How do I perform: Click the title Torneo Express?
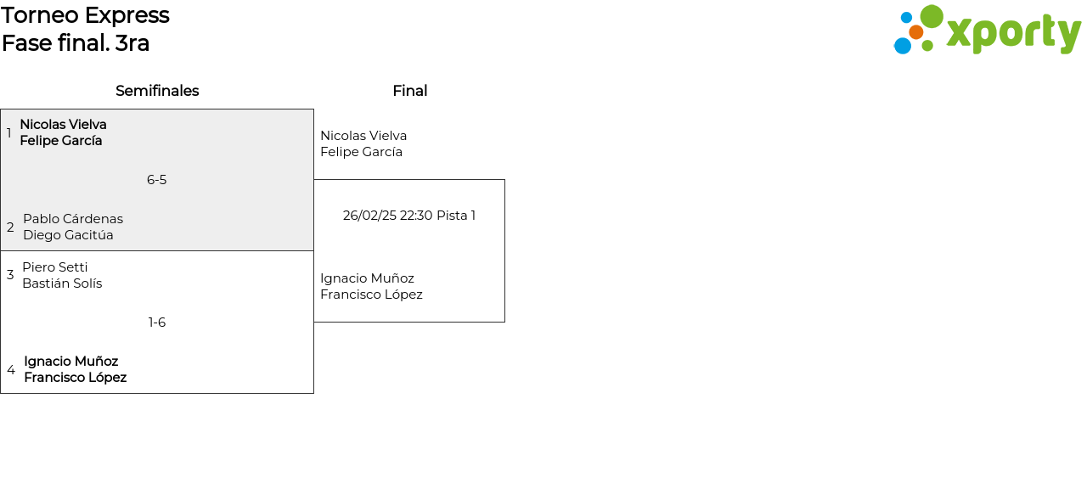pos(85,15)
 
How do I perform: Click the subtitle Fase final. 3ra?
pos(76,43)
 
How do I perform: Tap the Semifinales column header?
pos(157,91)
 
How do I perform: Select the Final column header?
pos(409,91)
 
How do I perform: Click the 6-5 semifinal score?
pos(156,180)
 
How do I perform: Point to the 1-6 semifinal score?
pos(157,323)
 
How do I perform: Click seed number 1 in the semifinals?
pos(8,133)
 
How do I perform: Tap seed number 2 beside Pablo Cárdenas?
pos(10,227)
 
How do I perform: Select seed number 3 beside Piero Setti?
pos(10,275)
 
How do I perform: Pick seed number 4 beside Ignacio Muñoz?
pos(11,370)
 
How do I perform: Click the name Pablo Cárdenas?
pos(73,219)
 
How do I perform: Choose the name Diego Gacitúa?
pos(68,235)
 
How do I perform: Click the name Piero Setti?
pos(55,267)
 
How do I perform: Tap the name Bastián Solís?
pos(62,283)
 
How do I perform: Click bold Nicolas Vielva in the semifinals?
pos(63,125)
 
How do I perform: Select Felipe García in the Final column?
pos(361,152)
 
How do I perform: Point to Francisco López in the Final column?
pos(371,295)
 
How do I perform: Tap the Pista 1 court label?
pos(456,216)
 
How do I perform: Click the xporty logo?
pos(988,31)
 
